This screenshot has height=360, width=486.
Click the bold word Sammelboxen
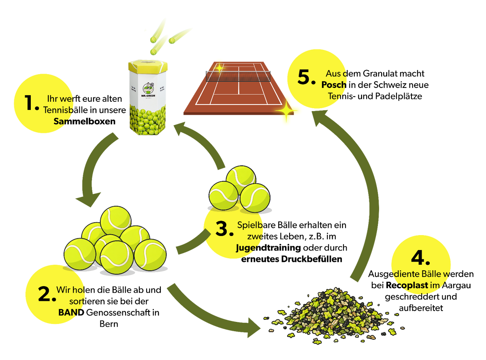(84, 121)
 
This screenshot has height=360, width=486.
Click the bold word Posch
(334, 85)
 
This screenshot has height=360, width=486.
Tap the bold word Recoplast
(407, 285)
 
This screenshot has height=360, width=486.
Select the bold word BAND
(71, 313)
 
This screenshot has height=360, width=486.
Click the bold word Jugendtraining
(268, 248)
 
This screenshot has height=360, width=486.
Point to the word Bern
(109, 324)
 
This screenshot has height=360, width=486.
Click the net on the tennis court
(238, 76)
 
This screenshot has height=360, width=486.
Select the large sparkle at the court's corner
(286, 111)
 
